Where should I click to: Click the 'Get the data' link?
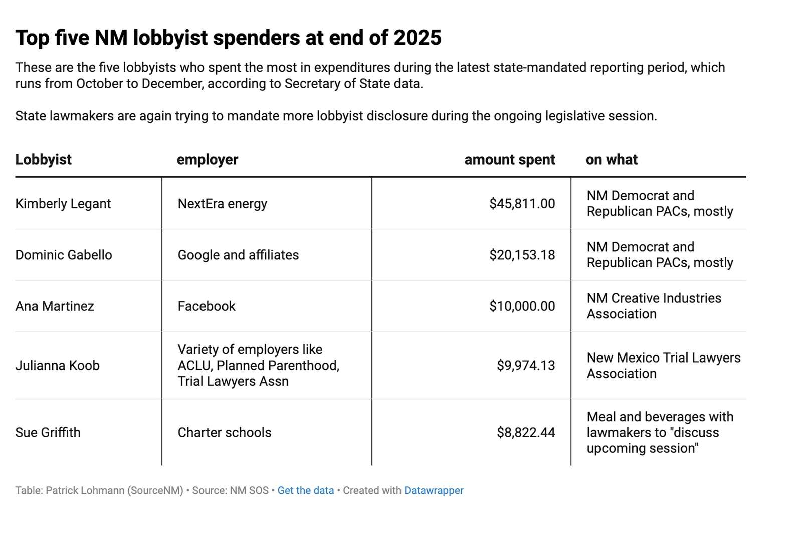coord(305,490)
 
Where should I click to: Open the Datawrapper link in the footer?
coord(434,490)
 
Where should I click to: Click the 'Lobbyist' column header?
coord(43,160)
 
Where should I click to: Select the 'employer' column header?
coord(207,160)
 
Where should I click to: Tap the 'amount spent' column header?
coord(509,160)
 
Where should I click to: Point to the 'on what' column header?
coord(611,160)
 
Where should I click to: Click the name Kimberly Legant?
coord(63,204)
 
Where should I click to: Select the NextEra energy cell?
coord(222,204)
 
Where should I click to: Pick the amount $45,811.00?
coord(522,204)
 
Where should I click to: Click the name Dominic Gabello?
coord(64,255)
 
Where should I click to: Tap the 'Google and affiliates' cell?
coord(238,255)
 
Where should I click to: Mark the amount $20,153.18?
coord(522,255)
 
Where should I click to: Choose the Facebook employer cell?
coord(207,306)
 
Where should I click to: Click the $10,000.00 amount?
coord(522,306)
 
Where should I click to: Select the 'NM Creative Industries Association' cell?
coord(654,306)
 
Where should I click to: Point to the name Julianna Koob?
coord(57,366)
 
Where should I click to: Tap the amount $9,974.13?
coord(526,366)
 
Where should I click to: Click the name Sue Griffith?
coord(48,433)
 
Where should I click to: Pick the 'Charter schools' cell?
coord(224,433)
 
